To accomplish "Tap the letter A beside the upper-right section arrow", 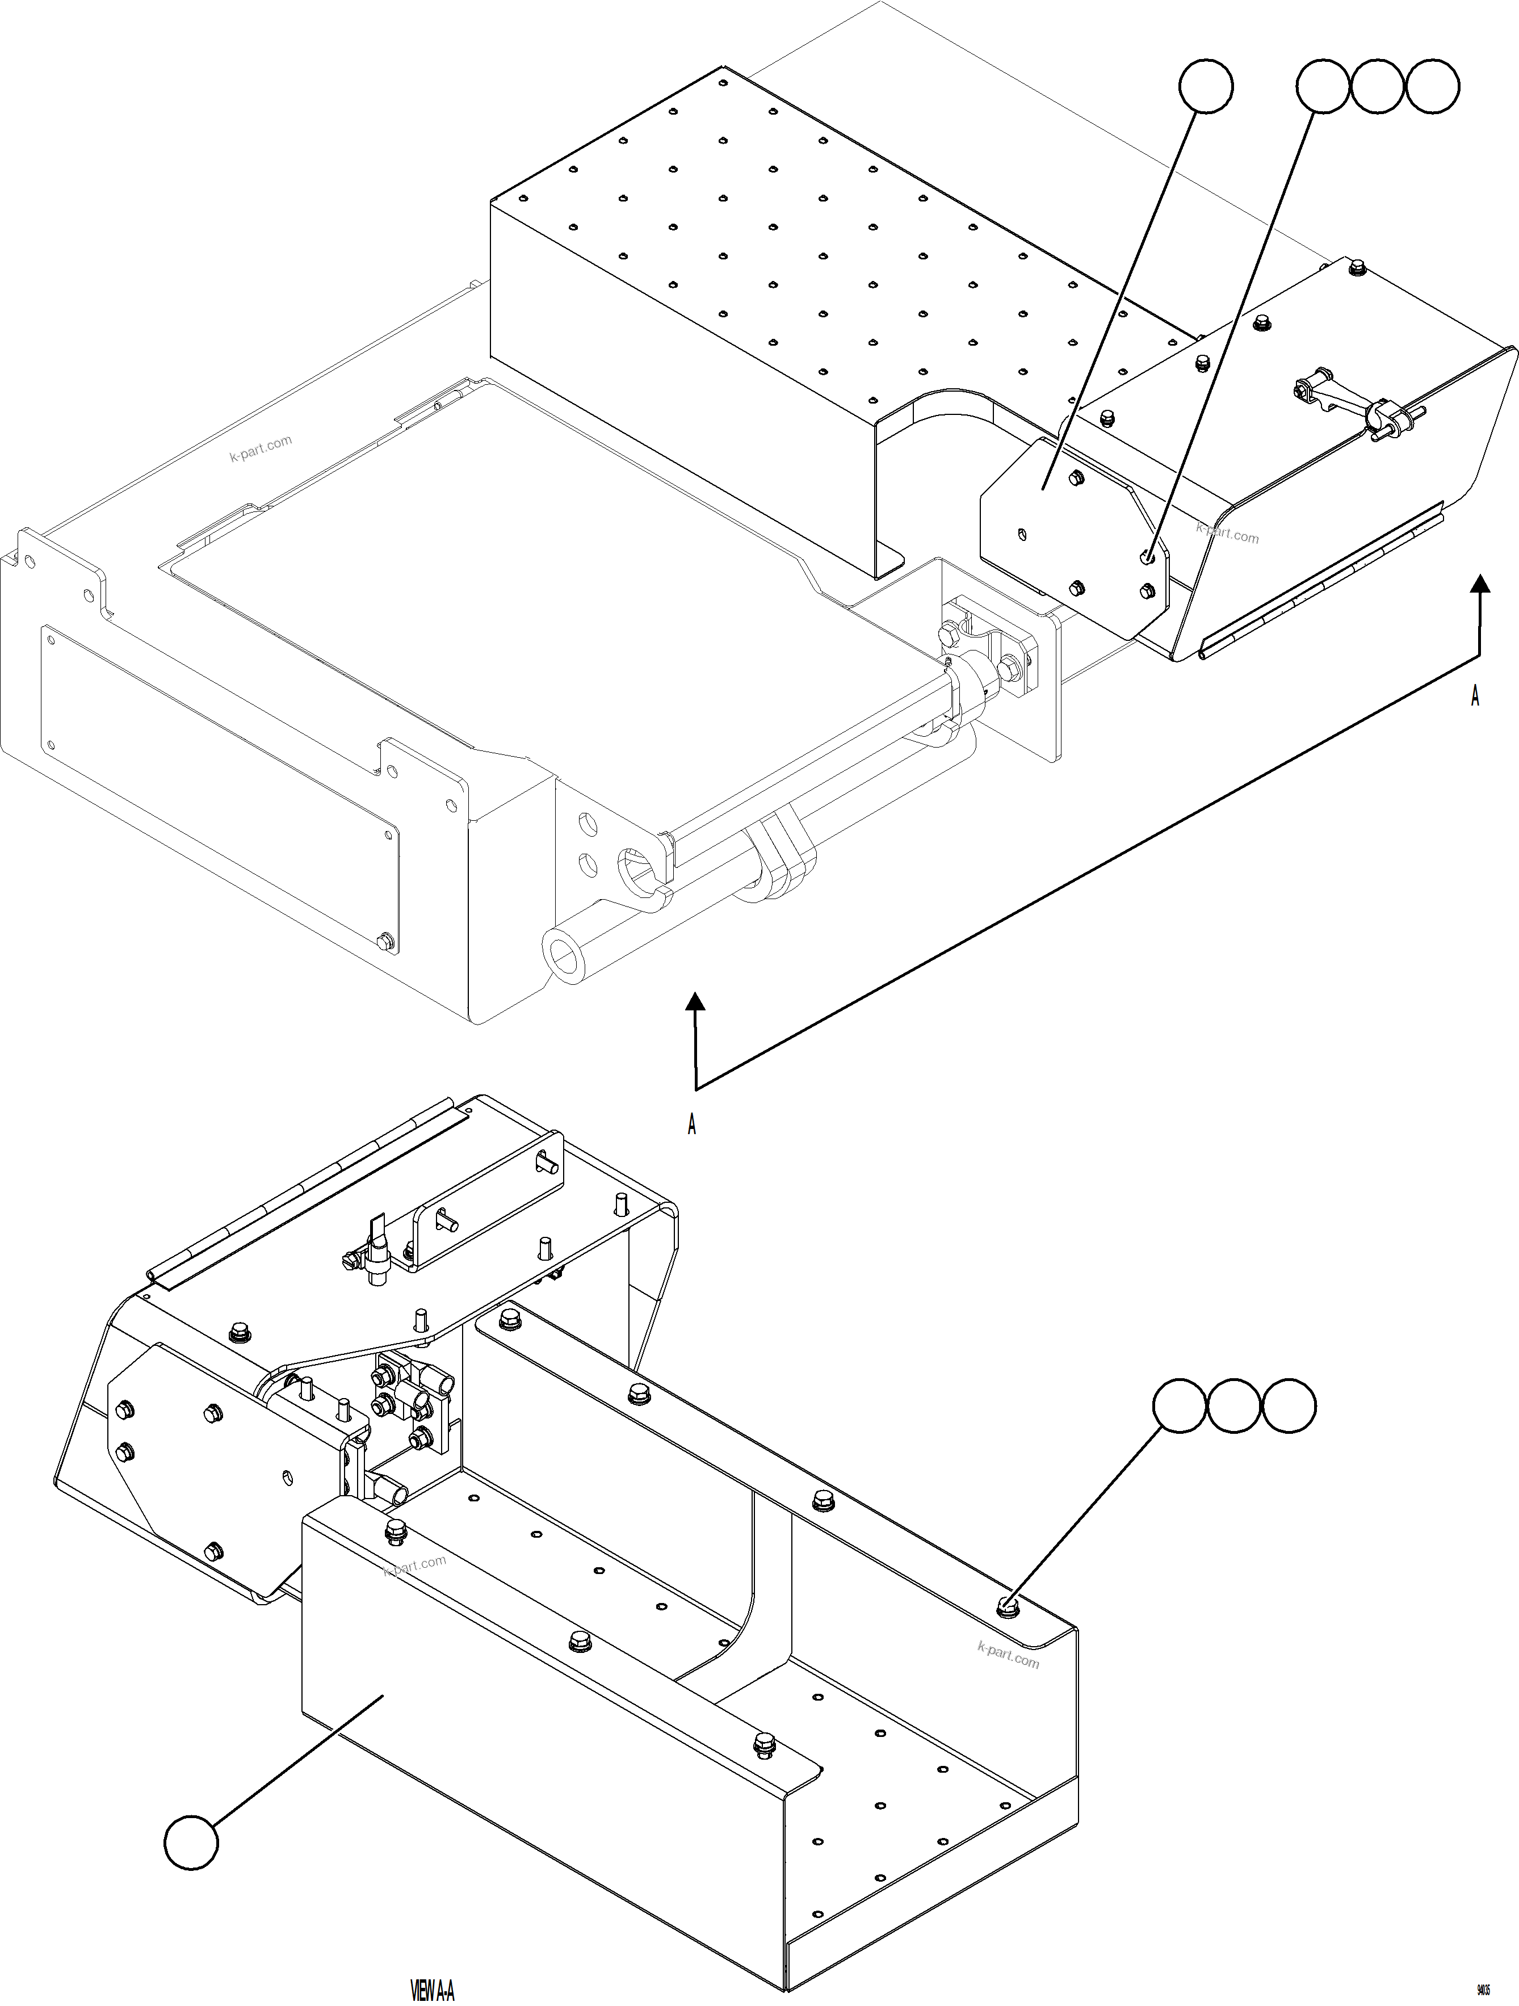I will point(1475,696).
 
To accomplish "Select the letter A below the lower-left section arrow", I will point(692,1124).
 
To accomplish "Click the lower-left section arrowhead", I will point(695,1001).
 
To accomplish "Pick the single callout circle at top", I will point(1205,86).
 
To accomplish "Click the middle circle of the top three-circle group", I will point(1378,86).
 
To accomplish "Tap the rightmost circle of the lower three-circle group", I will point(1289,1407).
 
